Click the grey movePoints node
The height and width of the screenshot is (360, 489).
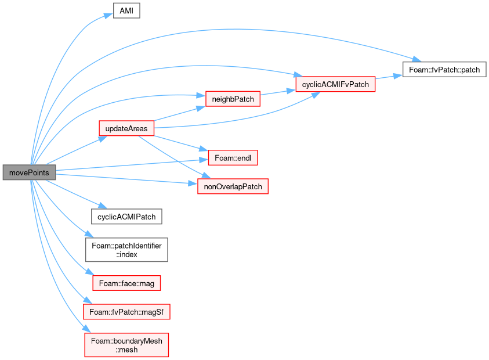coord(30,172)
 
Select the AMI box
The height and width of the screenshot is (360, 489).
coord(126,10)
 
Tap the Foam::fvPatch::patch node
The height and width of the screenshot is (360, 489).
coord(444,69)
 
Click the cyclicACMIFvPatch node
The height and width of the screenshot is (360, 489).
coord(335,84)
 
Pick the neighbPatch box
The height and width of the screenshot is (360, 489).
coord(233,99)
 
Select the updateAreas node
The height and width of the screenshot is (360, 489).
coord(126,128)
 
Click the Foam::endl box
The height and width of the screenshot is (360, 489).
coord(233,158)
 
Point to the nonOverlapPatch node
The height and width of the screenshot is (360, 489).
coord(233,186)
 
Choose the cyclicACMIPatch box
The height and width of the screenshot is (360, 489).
coord(126,217)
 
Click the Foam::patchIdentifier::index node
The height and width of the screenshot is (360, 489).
coord(126,250)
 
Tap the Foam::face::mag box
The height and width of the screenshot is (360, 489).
coord(126,283)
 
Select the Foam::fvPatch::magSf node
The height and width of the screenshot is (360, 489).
coord(126,312)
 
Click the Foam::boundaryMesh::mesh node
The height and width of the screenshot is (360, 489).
coord(126,345)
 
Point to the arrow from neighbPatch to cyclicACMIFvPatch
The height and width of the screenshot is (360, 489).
coord(278,92)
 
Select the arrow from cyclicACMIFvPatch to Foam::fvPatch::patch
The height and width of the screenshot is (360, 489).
coord(389,77)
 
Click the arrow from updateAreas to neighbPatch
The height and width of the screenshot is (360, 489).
coord(180,114)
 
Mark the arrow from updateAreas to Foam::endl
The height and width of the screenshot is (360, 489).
coord(181,143)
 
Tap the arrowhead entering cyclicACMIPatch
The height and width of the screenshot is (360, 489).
coord(103,206)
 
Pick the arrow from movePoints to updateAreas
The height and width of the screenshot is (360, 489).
coord(77,150)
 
